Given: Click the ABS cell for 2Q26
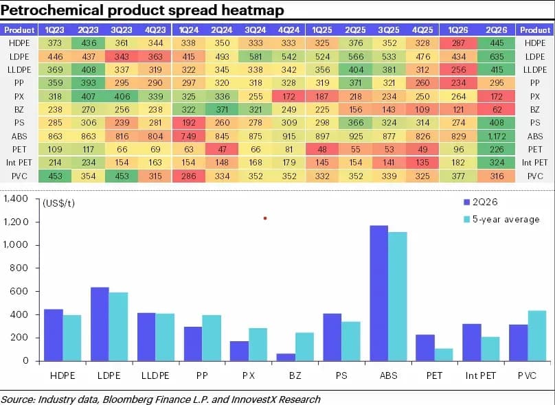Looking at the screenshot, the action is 496,136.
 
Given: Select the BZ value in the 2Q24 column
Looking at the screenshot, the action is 222,110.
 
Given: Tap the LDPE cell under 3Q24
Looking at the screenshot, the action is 256,56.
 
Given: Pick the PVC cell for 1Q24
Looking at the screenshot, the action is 188,176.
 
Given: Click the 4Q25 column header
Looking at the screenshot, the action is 422,30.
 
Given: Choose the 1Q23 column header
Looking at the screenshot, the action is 55,30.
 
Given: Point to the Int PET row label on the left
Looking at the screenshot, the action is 19,163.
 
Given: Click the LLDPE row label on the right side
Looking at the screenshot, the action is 535,70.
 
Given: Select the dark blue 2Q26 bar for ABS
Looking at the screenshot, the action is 379,293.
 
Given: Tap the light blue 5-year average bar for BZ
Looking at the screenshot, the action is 304,347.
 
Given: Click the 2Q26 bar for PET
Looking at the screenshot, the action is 425,348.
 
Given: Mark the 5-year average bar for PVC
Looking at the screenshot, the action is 537,336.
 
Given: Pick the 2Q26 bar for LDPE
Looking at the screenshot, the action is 100,324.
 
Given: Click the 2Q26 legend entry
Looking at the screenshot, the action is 480,202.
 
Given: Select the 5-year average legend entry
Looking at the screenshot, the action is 501,219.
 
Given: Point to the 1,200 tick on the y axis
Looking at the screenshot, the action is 16,222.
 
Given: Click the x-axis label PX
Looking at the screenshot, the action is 249,375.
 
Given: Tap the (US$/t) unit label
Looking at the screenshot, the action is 59,203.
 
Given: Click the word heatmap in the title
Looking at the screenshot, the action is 253,10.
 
